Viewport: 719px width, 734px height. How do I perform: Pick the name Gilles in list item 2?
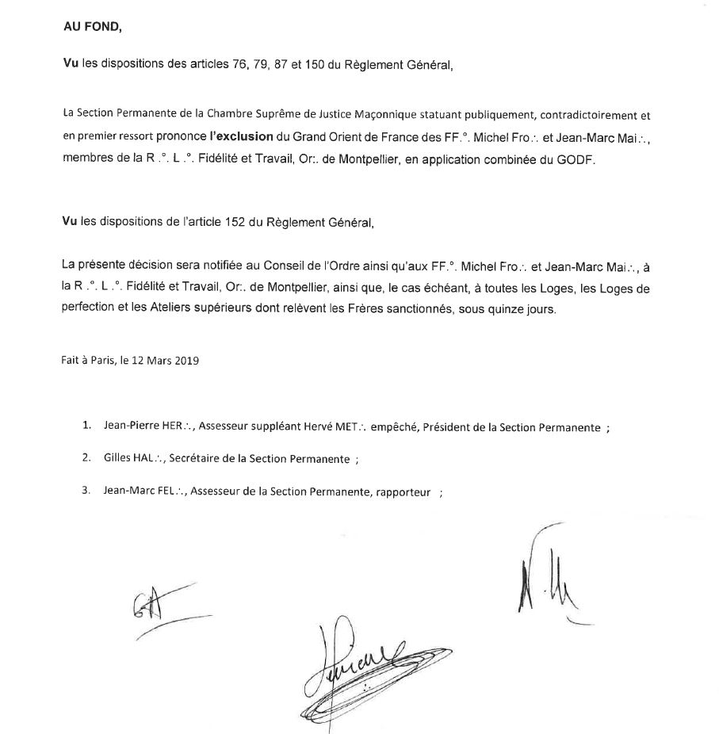117,458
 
